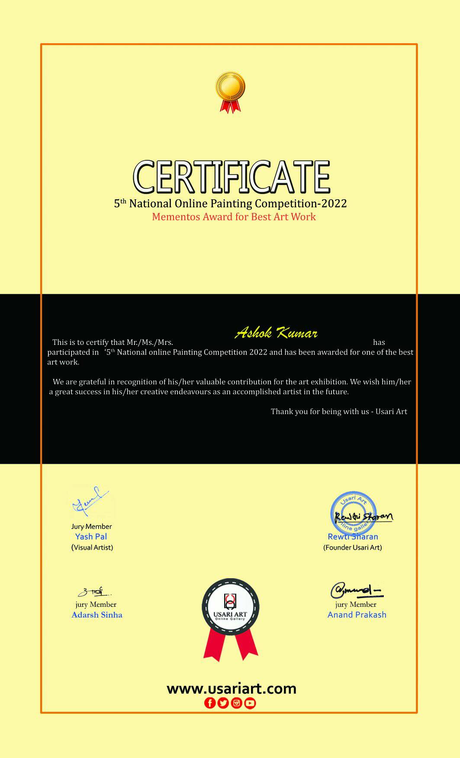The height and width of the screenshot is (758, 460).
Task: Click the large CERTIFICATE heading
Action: (231, 177)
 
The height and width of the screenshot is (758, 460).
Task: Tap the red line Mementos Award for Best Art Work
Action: (234, 217)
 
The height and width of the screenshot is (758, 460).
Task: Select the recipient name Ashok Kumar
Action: (276, 333)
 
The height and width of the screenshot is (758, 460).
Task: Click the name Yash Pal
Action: (91, 537)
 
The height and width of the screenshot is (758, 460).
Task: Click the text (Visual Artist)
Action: (92, 548)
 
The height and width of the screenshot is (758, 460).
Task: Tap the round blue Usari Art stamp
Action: (353, 513)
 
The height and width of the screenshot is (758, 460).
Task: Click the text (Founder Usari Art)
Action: (353, 548)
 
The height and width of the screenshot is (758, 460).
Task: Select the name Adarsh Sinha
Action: (97, 615)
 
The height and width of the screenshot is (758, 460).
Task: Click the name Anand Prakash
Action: (357, 615)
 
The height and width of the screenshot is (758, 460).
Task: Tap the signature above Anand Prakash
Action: (356, 590)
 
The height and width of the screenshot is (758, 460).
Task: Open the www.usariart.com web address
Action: (232, 688)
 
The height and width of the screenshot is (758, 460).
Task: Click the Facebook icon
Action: (210, 703)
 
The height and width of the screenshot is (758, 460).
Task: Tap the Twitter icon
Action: (223, 703)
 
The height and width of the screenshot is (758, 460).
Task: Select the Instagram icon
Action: (237, 703)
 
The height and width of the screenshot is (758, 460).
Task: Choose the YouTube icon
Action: (250, 703)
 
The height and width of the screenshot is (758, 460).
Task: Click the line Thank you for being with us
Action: (339, 411)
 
